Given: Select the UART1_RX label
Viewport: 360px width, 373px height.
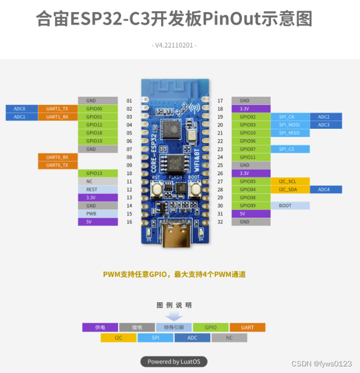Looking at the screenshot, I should coord(57,117).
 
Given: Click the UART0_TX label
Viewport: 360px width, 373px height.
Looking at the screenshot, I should coord(57,165).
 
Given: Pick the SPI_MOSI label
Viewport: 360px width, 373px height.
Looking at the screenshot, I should coord(290,125).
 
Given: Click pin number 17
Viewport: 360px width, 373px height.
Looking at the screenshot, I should coord(220,101).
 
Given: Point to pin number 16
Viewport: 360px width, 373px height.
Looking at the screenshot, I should coord(129,222).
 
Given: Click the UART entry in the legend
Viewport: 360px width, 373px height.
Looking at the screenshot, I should coord(247,327).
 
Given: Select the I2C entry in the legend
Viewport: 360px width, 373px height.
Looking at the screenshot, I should coord(118,338).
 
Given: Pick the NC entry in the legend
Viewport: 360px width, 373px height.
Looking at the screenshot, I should coord(229,338).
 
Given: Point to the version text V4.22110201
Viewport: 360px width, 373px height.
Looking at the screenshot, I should coord(174,45).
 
